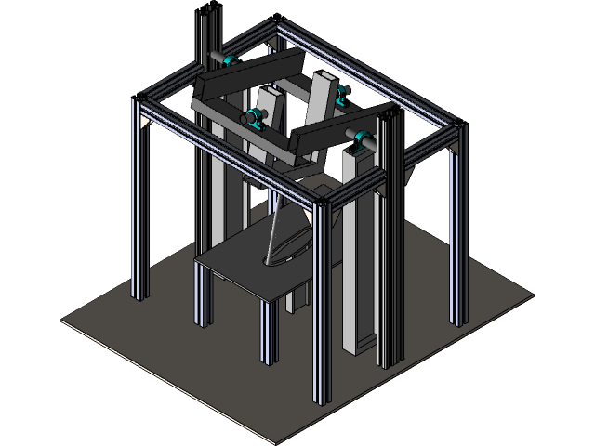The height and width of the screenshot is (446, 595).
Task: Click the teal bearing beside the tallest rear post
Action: pos(230,60)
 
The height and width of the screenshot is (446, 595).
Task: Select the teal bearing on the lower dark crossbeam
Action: pos(251,118)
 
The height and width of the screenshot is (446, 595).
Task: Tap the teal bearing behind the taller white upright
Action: pos(342,94)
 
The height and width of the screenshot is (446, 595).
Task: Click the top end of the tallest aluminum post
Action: pos(206,11)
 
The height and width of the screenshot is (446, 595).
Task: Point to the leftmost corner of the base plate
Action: pos(63,321)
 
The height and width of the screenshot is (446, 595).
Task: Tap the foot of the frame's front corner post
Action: pos(322,400)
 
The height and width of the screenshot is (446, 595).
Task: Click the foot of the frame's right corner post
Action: pos(457,321)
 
